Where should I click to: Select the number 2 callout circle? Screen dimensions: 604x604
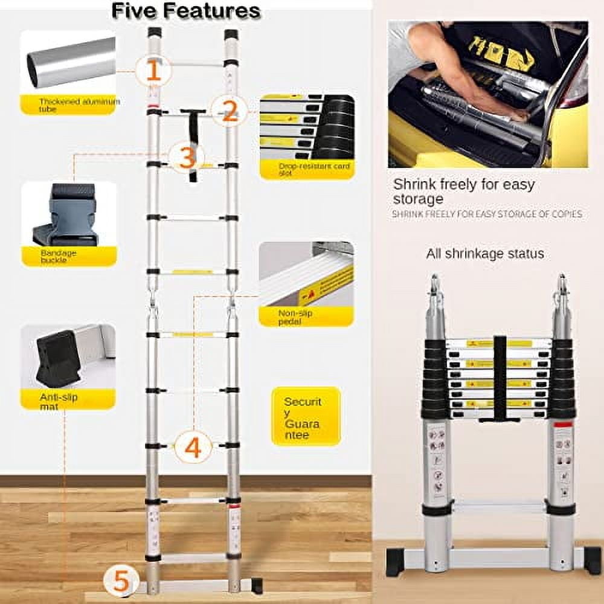(x=229, y=111)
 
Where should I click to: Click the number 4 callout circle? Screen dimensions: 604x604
(x=193, y=448)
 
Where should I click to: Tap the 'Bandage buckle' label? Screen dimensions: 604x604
(x=59, y=256)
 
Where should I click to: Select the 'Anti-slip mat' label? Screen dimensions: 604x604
(x=59, y=402)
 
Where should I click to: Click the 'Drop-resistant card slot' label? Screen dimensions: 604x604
(x=306, y=170)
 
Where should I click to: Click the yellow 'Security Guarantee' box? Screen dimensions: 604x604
(x=306, y=416)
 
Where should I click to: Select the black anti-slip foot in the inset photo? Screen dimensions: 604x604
(x=59, y=358)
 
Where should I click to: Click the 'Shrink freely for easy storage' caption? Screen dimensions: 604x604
(x=463, y=191)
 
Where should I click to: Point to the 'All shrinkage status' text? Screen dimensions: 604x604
(x=485, y=254)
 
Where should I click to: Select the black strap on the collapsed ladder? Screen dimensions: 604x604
(x=500, y=377)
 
